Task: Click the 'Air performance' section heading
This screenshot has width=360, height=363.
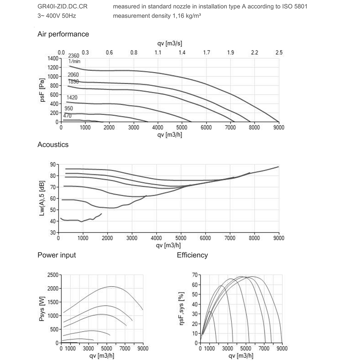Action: [63, 34]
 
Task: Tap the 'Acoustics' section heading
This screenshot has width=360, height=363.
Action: [53, 144]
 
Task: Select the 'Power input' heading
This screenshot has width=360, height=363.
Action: [57, 255]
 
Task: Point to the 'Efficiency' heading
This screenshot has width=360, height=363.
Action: [192, 255]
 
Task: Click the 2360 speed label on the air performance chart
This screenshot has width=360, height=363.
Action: [73, 55]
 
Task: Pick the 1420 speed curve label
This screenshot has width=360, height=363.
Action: [72, 97]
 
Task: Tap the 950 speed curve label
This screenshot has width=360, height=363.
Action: [68, 108]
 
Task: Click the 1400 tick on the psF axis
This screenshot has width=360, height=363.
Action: [53, 58]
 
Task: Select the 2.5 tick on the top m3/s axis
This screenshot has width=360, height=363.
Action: [279, 53]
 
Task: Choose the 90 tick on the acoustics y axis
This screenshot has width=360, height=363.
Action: [53, 164]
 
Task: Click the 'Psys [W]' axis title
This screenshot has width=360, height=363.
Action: [42, 309]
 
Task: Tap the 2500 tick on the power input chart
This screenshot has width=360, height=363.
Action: [53, 275]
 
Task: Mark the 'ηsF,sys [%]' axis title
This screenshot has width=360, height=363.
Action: [183, 309]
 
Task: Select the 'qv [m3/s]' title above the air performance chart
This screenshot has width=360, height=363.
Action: [170, 44]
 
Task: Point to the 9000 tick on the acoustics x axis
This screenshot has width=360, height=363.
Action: [279, 238]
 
